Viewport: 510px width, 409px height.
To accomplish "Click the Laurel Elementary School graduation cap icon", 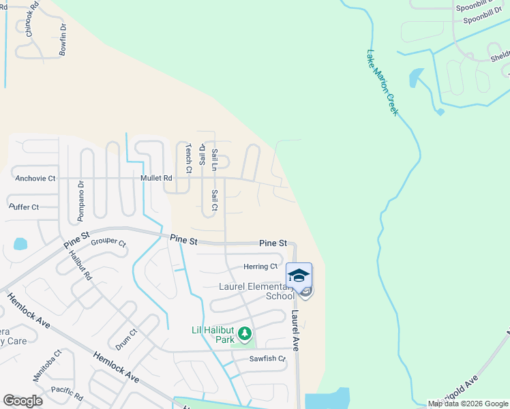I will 299,275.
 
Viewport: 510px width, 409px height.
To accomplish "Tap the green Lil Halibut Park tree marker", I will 245,334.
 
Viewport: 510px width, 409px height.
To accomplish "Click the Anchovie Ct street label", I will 35,179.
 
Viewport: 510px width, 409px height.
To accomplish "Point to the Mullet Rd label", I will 155,178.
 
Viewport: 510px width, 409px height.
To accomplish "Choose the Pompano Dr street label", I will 80,201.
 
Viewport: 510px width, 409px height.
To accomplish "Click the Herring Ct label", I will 260,267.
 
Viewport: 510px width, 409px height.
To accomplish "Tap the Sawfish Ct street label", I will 267,359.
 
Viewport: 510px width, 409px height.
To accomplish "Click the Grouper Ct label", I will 108,242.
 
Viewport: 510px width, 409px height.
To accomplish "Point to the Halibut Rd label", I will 80,266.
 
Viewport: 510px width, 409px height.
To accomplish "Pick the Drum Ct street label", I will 126,339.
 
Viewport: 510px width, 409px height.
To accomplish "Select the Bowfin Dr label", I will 63,40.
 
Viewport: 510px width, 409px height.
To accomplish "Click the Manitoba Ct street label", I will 47,365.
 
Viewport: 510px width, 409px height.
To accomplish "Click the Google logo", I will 22,401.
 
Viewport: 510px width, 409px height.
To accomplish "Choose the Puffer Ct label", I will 25,207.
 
